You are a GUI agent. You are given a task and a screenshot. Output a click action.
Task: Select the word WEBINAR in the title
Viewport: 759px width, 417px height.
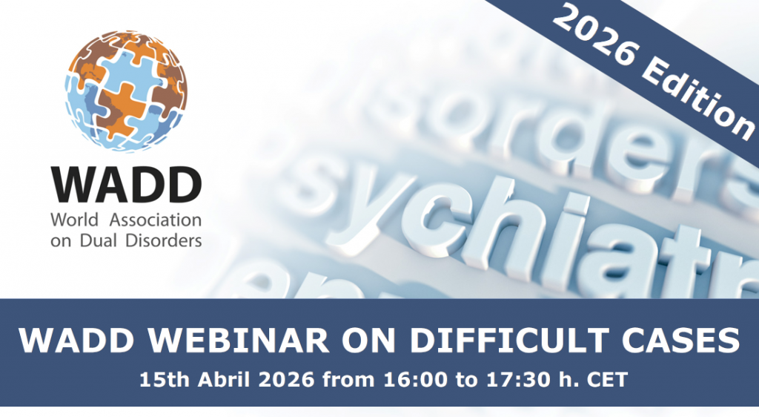(x=202, y=341)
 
